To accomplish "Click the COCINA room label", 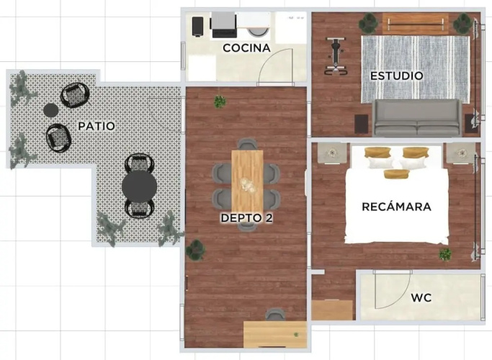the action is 246,48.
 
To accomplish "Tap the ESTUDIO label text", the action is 397,76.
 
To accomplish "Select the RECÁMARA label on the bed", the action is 397,207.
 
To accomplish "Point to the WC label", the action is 421,297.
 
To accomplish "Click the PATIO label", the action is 97,126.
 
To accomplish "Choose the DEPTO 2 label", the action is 246,218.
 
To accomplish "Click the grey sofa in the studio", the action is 417,118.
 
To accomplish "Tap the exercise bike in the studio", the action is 336,56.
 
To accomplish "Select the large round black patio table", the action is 139,186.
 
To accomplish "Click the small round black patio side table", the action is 50,110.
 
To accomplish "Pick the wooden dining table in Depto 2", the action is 247,182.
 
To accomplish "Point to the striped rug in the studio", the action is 416,69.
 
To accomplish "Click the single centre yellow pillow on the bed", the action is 397,174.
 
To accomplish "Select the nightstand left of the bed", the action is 332,153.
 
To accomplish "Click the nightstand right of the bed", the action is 462,153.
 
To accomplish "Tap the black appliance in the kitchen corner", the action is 197,27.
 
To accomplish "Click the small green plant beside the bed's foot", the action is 445,254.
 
